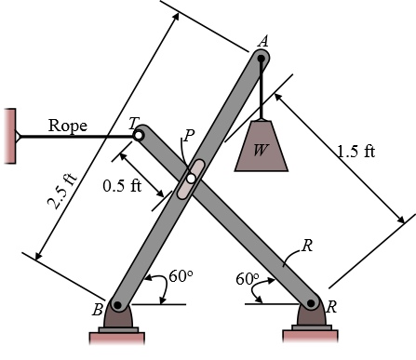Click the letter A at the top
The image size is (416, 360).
[263, 42]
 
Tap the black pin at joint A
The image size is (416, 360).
[262, 59]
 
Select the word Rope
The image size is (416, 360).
[68, 127]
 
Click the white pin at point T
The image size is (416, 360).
[139, 136]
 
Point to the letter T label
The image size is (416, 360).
[134, 123]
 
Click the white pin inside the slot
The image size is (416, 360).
[191, 179]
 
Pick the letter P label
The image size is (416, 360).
[189, 135]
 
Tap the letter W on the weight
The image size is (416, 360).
[260, 150]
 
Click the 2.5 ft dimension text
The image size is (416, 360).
[62, 191]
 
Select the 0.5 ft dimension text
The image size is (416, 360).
[122, 186]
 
